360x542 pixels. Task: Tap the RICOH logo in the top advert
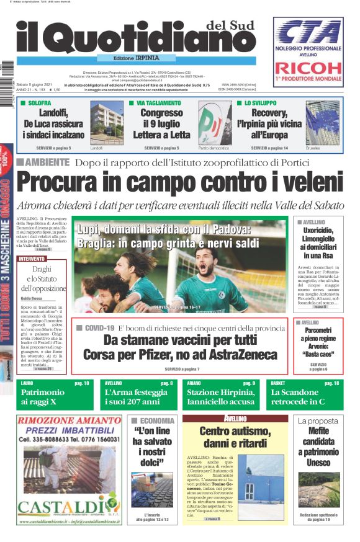(308, 67)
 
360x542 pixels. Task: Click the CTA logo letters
(308, 31)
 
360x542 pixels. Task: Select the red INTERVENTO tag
(32, 259)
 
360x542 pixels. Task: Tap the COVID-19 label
(99, 327)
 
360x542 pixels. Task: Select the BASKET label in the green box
(278, 384)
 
